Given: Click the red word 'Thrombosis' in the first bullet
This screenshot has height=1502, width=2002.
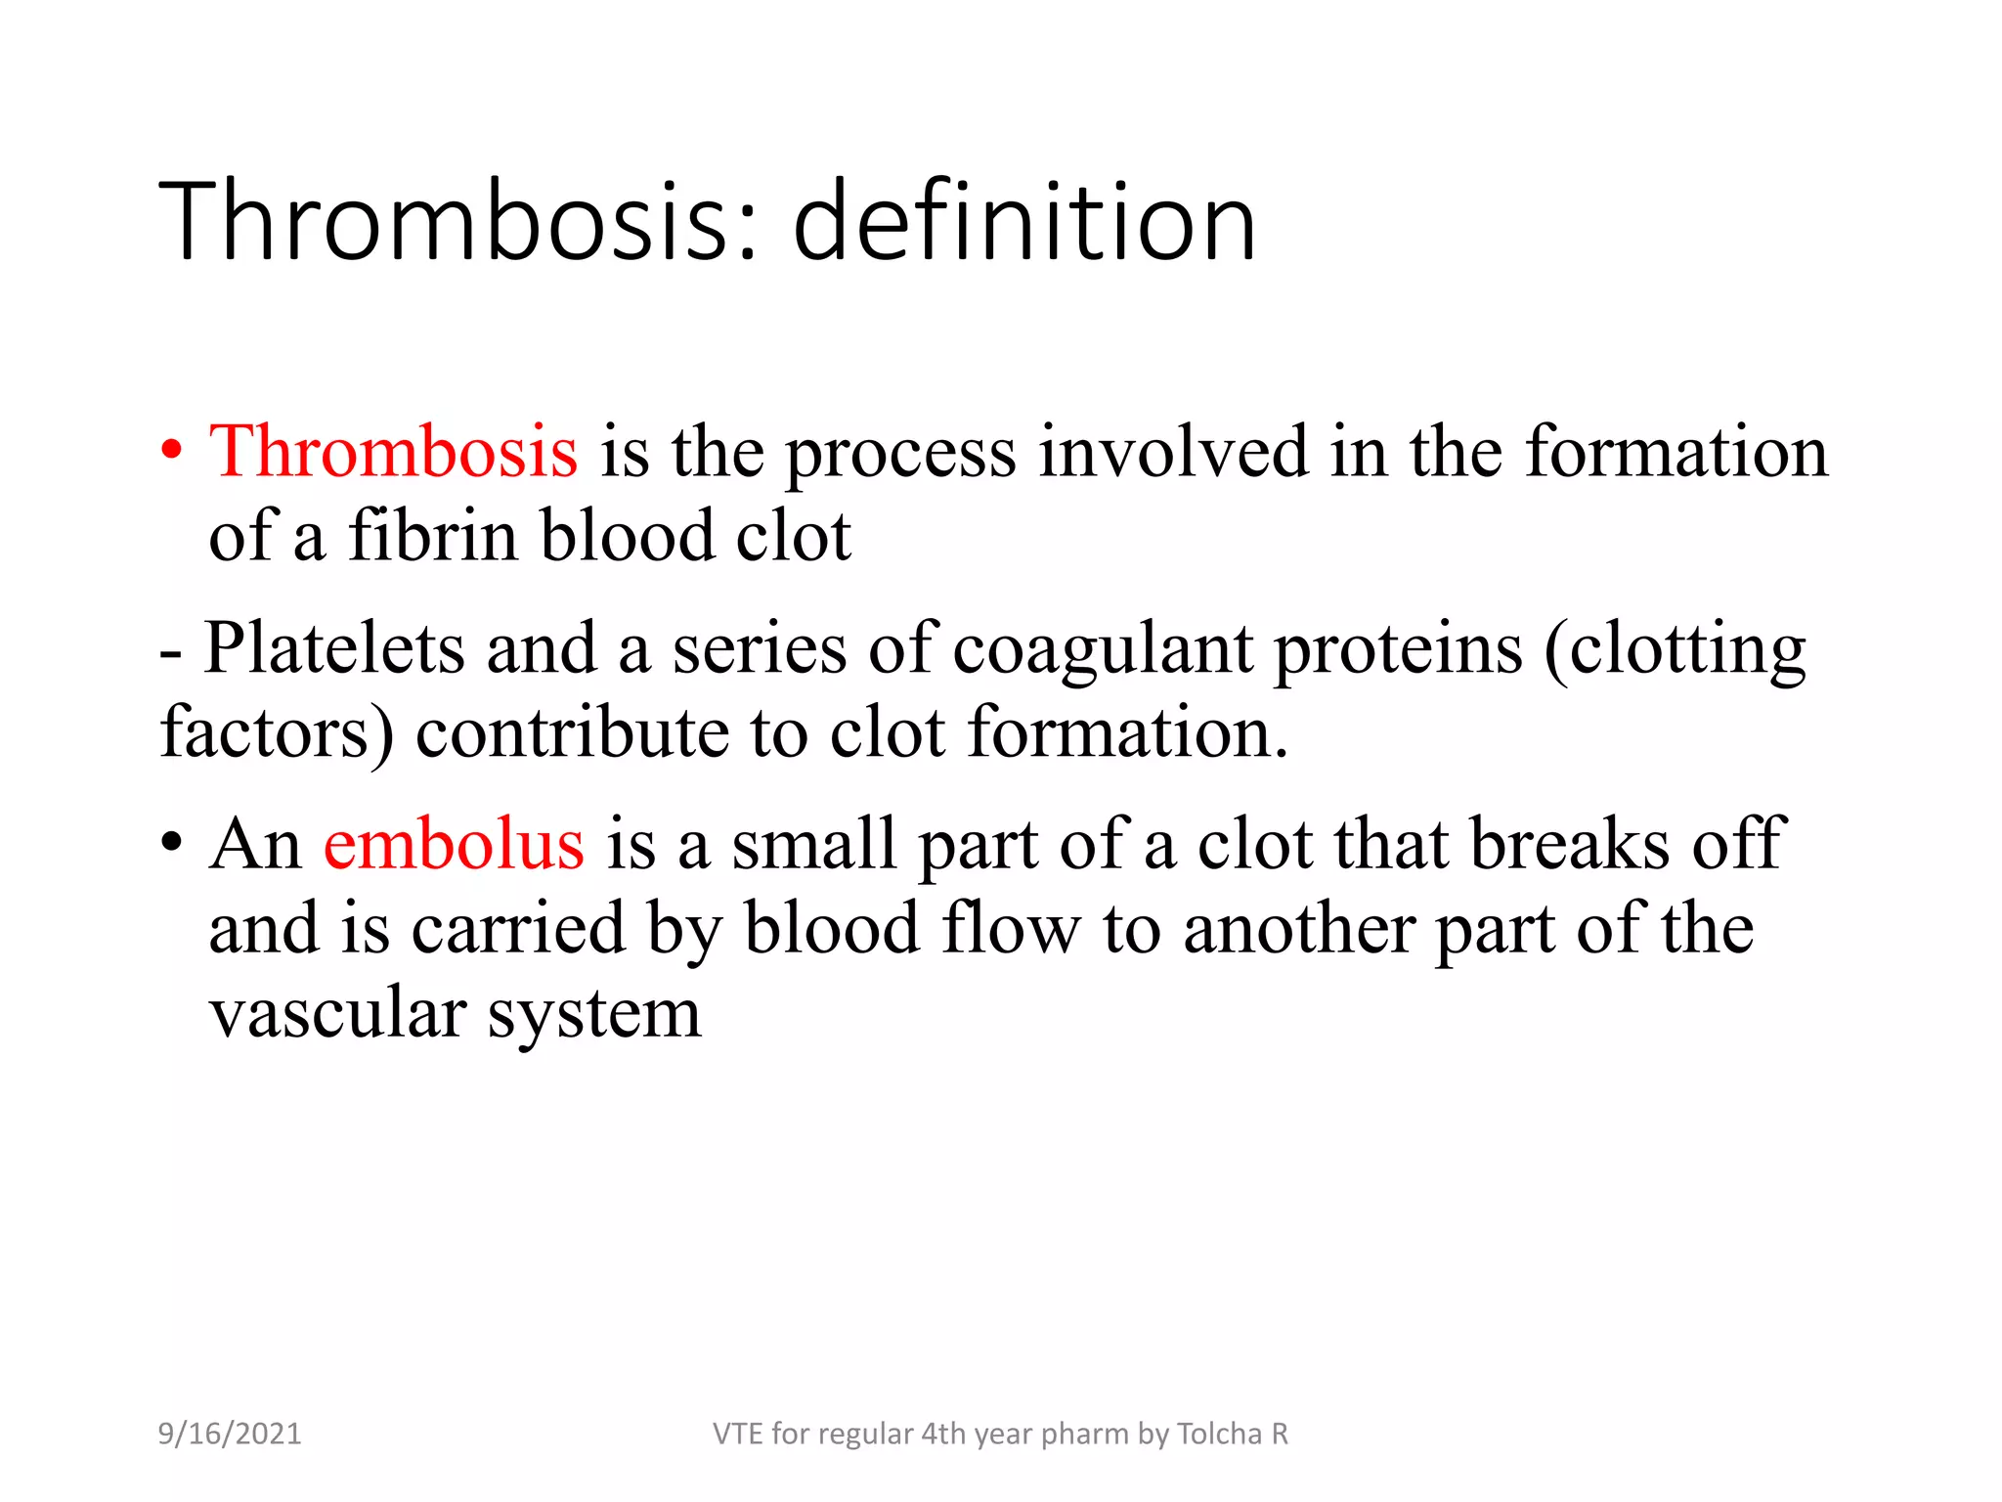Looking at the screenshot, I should [393, 452].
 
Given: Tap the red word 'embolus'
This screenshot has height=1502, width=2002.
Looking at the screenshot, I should [454, 844].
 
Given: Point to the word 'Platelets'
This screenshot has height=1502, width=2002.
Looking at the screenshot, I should [334, 648].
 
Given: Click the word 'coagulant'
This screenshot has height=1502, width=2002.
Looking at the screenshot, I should [1102, 648].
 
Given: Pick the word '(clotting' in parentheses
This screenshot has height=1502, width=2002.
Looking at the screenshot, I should [1675, 648].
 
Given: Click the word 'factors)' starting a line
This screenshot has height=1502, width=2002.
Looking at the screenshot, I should [277, 732].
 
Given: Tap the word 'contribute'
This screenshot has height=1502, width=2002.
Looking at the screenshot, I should [572, 732].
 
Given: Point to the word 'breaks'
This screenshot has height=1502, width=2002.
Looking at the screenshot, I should [1570, 844].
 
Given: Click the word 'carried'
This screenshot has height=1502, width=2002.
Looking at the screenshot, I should [518, 928].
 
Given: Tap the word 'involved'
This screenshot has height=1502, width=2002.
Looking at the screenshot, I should [1172, 452].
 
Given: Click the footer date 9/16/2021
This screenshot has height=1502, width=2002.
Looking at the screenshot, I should [230, 1434].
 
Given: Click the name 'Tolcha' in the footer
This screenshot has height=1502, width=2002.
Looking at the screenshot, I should [1219, 1434].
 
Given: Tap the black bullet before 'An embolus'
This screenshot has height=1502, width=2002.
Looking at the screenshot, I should [172, 843].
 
